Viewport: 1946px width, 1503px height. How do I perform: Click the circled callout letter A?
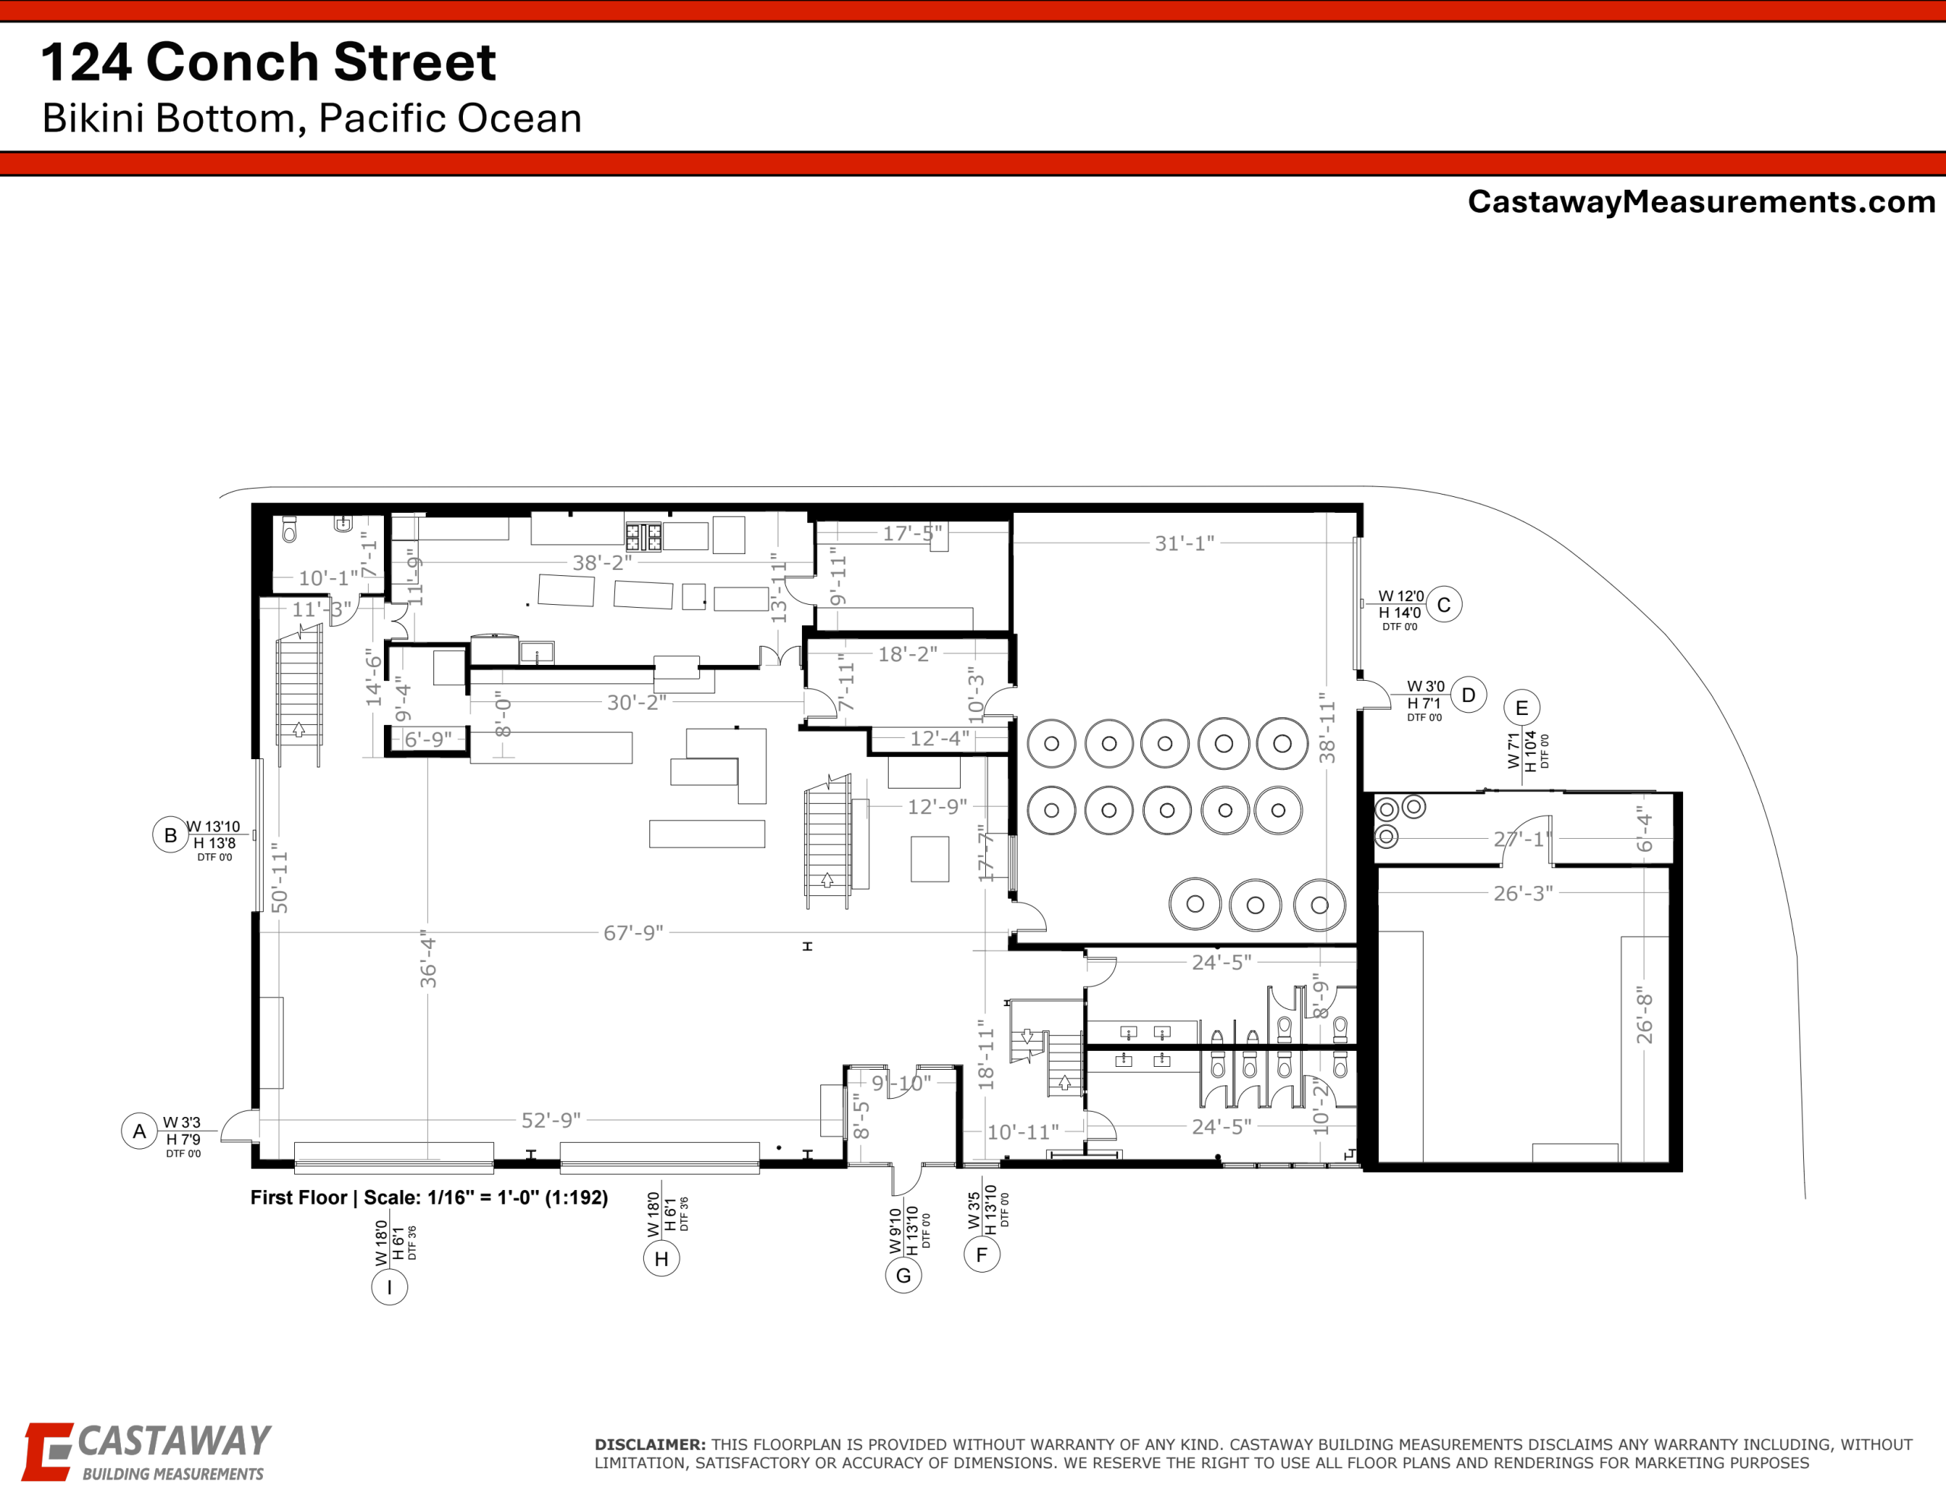[139, 1131]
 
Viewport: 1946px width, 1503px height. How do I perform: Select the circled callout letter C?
[1444, 604]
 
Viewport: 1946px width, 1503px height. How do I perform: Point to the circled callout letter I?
[389, 1286]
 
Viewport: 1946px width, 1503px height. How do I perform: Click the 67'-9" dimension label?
[633, 933]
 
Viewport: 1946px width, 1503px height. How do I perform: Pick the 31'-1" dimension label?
[1184, 543]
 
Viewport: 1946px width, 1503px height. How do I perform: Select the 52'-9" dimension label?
[550, 1120]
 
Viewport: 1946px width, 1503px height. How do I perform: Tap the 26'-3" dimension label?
[1523, 893]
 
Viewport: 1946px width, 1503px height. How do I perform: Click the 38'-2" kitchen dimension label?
[602, 562]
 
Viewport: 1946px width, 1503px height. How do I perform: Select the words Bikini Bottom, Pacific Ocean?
[312, 119]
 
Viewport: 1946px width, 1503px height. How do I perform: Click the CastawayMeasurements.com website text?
[1702, 201]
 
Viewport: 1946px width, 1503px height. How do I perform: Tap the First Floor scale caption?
[429, 1198]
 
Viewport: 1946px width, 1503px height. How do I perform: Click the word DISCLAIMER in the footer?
[651, 1444]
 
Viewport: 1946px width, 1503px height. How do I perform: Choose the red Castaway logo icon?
[46, 1452]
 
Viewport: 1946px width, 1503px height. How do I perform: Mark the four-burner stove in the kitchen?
[643, 536]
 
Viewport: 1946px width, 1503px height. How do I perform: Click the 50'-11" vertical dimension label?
[280, 878]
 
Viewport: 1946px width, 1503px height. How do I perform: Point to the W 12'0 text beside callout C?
[1401, 596]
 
